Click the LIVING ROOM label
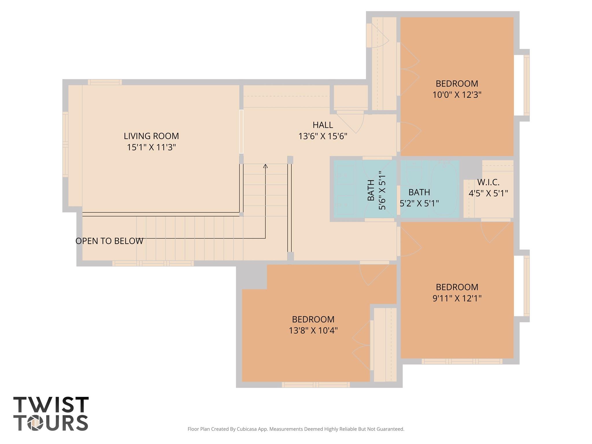click(151, 136)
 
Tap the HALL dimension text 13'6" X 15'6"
click(323, 136)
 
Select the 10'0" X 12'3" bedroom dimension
click(457, 95)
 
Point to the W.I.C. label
click(488, 182)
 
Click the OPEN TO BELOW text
click(109, 241)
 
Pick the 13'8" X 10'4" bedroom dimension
click(313, 330)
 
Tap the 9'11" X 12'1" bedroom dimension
click(457, 298)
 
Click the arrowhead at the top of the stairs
click(265, 166)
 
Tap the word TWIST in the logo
click(51, 404)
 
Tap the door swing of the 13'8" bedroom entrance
click(374, 275)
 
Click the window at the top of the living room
click(105, 82)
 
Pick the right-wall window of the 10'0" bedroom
click(527, 85)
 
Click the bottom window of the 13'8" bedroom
click(316, 385)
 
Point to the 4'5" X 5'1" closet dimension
click(488, 193)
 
